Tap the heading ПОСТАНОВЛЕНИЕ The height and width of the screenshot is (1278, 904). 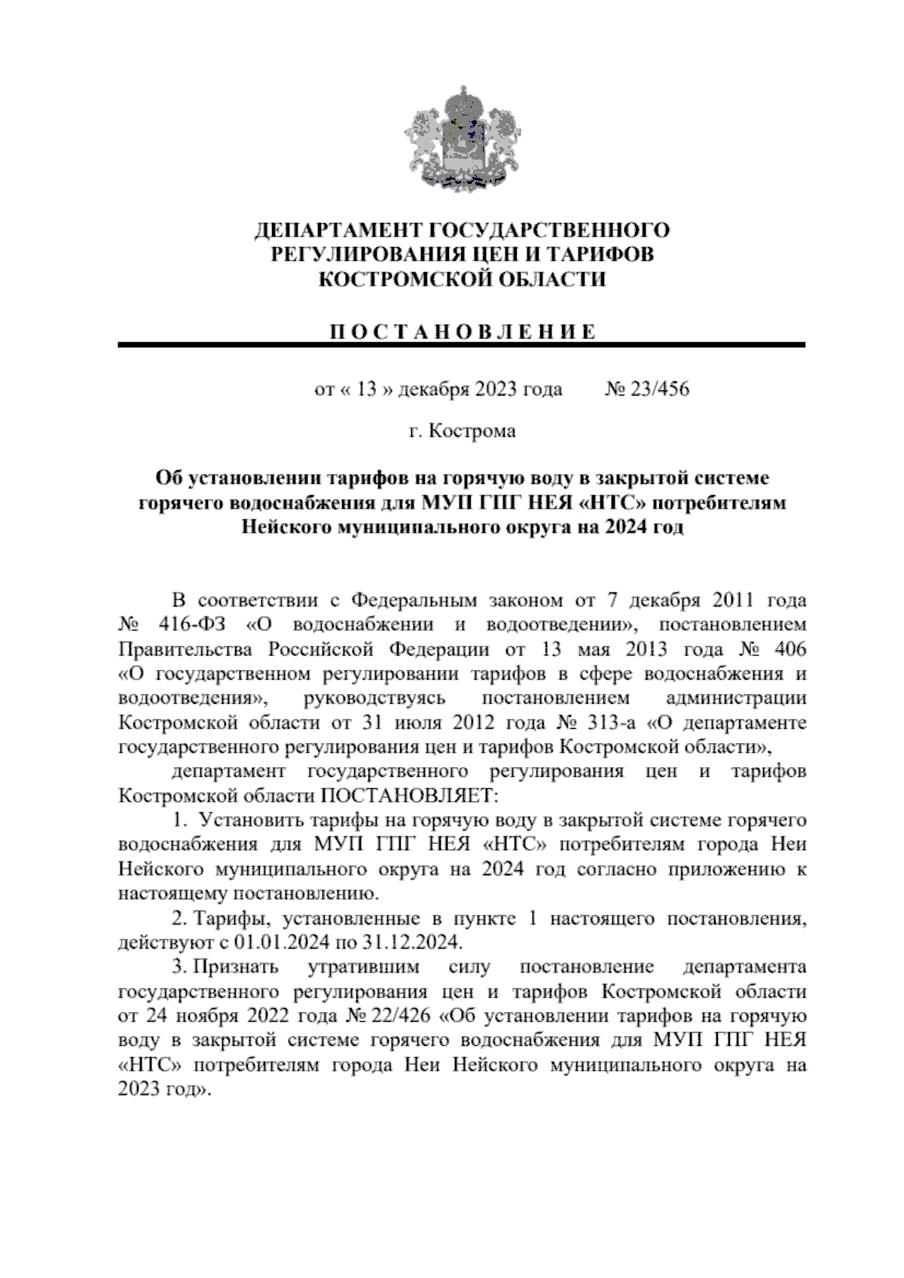(461, 332)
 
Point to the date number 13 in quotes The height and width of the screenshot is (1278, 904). (366, 390)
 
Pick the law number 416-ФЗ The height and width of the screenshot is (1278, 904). (198, 625)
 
